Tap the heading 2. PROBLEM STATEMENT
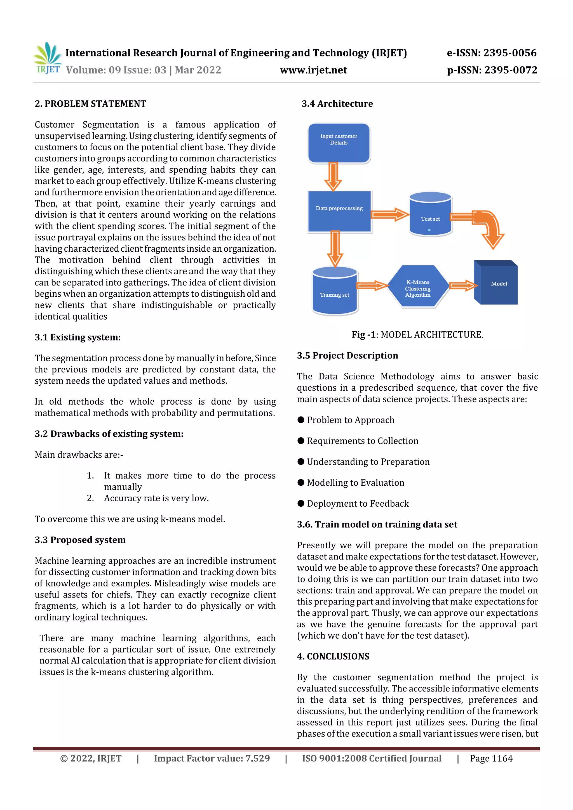click(90, 104)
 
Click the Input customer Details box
click(339, 143)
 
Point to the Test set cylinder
click(430, 214)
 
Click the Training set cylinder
click(335, 291)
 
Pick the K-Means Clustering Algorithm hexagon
click(418, 287)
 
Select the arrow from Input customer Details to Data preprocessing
click(333, 176)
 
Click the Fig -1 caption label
click(364, 334)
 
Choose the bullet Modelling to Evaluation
click(355, 483)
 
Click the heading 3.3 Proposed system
click(80, 540)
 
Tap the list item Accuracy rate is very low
click(156, 498)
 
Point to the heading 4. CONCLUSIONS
click(333, 656)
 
